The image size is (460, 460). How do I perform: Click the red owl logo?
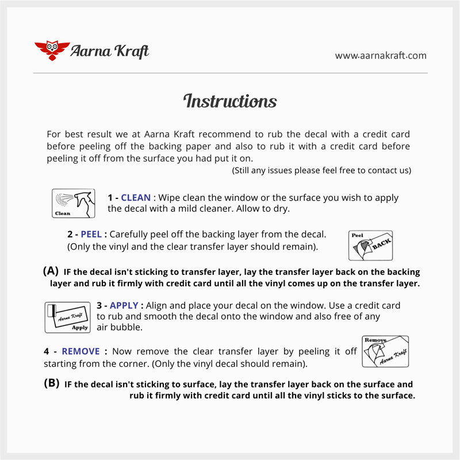coord(52,51)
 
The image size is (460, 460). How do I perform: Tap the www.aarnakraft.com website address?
coord(381,56)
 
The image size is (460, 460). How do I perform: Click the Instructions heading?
coord(230,101)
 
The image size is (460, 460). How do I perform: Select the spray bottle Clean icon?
coord(73,204)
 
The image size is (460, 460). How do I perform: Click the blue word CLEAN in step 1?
coord(136,198)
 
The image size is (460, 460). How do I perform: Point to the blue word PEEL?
coord(91,235)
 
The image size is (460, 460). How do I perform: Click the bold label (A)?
coord(51,271)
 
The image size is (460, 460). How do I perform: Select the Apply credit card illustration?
coord(68,317)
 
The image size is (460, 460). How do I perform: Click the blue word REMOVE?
coord(80,351)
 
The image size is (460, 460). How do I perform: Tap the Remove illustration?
coord(385,351)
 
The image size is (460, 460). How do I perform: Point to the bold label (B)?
coord(52,384)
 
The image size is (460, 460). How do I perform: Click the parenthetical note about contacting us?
coord(321,171)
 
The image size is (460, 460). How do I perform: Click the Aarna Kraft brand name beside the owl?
coord(109,51)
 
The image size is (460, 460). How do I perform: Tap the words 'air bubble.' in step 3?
coord(119,327)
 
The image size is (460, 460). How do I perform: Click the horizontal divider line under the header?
coord(230,73)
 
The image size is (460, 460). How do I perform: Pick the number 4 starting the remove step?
coord(47,351)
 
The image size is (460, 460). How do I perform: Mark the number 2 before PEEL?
coord(70,235)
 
